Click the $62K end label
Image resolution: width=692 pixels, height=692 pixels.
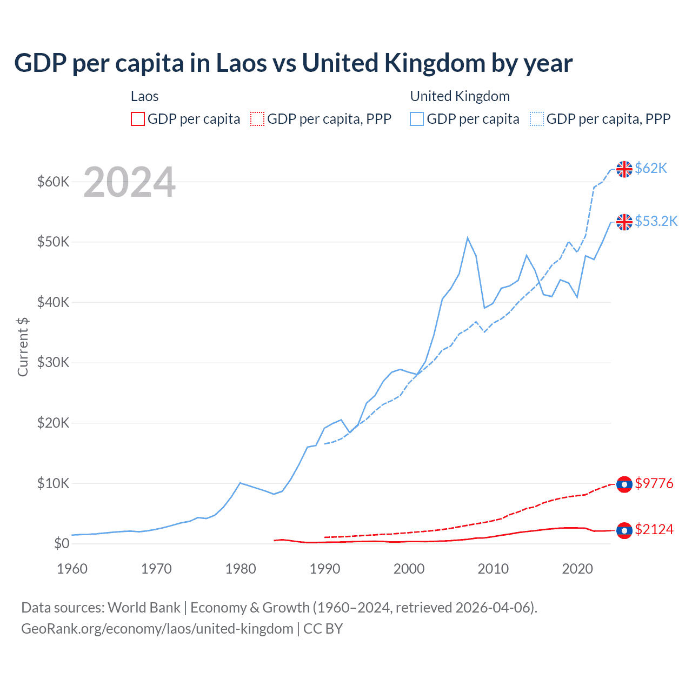651,169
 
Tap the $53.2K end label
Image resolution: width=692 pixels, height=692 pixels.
656,222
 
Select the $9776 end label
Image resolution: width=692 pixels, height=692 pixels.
654,483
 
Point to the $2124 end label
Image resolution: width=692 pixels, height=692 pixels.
654,529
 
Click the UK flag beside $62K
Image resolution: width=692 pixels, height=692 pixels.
624,169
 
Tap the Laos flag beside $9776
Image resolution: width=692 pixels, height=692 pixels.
624,484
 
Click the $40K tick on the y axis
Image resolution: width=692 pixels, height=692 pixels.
53,302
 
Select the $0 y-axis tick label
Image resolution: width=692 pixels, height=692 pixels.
62,543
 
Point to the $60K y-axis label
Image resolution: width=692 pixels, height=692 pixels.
53,182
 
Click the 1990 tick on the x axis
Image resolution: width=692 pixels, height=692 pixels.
325,569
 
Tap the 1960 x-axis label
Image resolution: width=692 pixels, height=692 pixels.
72,569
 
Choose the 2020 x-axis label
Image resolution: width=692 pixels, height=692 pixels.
577,569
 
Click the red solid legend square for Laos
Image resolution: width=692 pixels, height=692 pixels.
138,119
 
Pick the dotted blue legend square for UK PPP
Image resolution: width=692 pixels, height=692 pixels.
537,119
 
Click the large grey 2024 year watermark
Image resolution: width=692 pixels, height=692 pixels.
129,183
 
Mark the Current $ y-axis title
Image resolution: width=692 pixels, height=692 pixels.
23,347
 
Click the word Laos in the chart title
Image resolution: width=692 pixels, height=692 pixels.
241,63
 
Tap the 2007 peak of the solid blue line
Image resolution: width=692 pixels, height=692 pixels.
468,238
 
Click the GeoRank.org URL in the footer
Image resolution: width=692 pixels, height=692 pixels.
157,629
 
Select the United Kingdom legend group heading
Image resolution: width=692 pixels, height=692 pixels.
460,96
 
